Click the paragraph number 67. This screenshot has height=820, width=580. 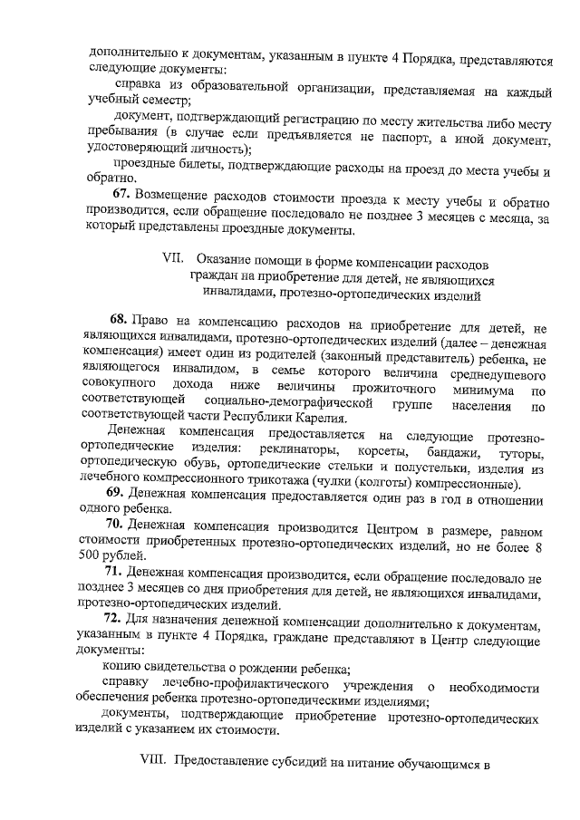pyautogui.click(x=122, y=196)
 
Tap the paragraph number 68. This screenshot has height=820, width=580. pyautogui.click(x=119, y=320)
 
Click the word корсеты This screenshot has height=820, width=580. pyautogui.click(x=374, y=451)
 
